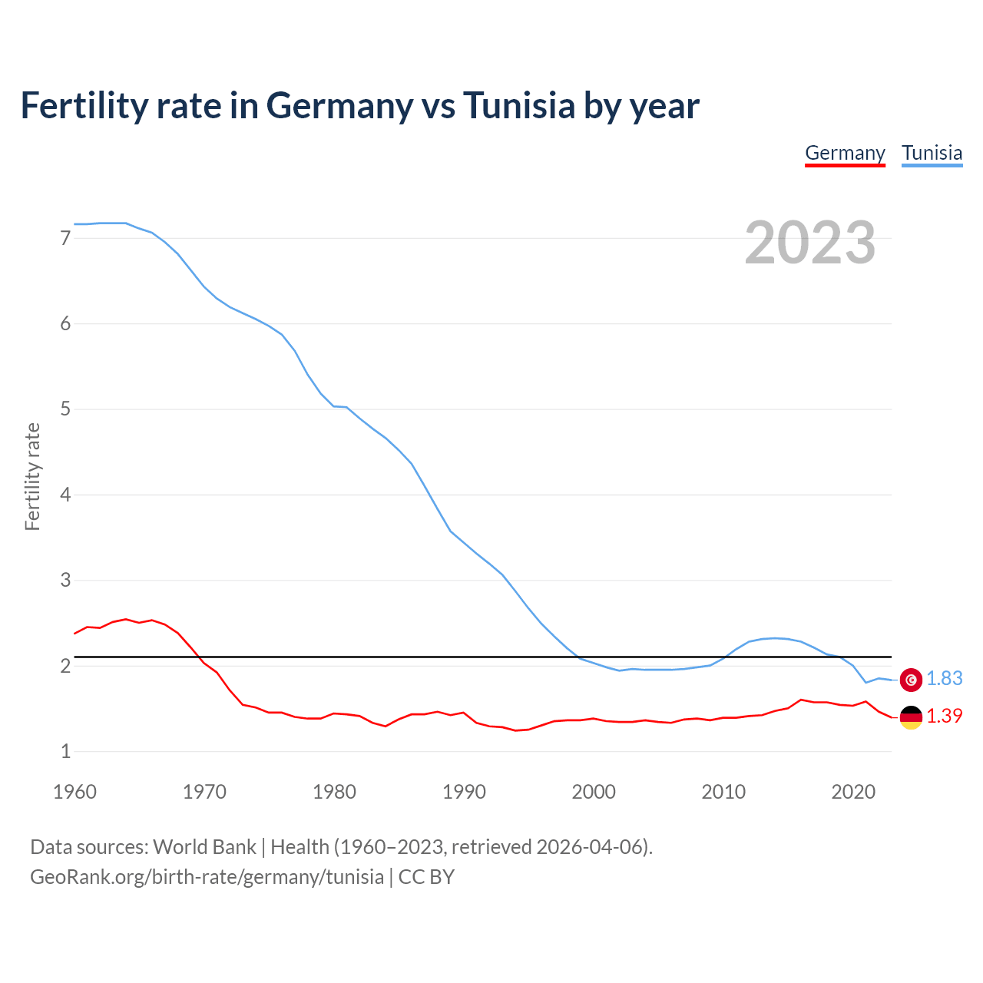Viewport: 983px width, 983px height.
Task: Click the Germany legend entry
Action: pos(845,153)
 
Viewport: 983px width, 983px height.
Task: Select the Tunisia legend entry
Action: pos(932,153)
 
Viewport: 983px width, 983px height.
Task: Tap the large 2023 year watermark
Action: pos(810,243)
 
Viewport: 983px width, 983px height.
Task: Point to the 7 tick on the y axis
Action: pos(65,238)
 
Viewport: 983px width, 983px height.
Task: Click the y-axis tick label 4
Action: pos(65,495)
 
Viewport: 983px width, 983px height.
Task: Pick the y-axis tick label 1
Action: pos(65,751)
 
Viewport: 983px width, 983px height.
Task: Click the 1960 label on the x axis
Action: pos(74,792)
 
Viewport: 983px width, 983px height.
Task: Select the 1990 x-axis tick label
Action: pos(464,792)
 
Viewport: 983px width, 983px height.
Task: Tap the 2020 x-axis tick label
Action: pos(853,792)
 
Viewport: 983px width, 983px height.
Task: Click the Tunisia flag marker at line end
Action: pos(911,679)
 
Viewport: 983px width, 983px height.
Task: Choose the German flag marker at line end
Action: pos(911,717)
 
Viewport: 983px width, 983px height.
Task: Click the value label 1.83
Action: pos(944,679)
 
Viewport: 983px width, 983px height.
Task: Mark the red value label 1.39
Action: pos(944,717)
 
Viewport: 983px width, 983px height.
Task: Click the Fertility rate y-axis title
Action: pos(32,476)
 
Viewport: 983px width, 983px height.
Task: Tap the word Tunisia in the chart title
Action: pos(518,106)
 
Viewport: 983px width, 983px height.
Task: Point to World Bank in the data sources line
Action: pos(204,847)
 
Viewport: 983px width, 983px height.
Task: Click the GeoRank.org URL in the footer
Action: pos(207,877)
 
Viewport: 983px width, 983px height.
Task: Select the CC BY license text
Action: pos(426,877)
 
